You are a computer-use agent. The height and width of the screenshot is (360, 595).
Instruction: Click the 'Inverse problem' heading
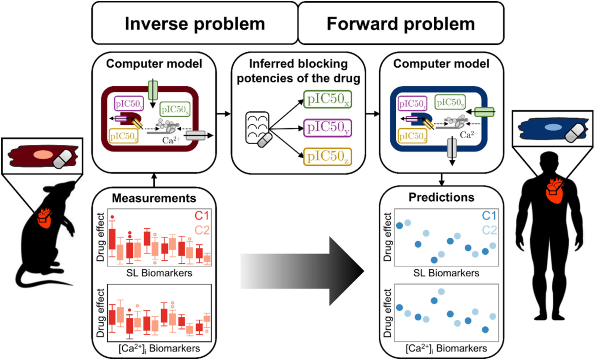[195, 24]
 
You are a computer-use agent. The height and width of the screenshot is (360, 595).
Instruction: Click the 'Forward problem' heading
[401, 24]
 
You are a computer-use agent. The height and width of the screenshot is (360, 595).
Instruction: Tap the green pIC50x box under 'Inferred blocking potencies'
[327, 99]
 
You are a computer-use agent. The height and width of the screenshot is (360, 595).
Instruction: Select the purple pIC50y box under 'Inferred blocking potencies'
[327, 128]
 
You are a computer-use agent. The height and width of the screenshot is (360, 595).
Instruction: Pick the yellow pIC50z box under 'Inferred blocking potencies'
[327, 156]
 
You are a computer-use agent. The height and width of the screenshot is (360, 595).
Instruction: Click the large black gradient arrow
[302, 271]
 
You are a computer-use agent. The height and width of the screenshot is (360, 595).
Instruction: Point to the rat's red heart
[45, 218]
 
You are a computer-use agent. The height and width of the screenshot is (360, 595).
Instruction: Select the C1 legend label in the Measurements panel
[202, 216]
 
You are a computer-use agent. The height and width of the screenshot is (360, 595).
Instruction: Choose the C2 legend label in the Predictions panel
[489, 230]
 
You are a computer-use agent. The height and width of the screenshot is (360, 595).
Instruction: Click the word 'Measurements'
[154, 198]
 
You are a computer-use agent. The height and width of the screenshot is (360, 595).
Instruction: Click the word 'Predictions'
[441, 197]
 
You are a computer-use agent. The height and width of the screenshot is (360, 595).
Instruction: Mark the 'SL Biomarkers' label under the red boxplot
[159, 273]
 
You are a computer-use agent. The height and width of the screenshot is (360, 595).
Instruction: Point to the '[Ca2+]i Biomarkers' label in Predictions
[446, 348]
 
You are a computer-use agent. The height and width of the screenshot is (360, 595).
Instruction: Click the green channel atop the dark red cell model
[153, 90]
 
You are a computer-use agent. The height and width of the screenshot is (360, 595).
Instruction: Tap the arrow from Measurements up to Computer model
[154, 180]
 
